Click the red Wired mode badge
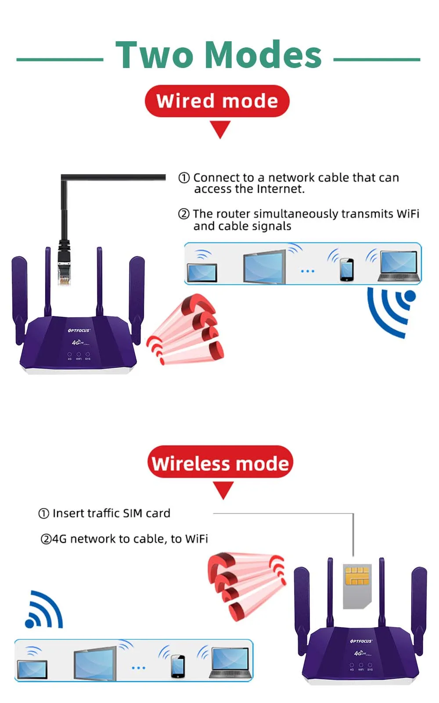tap(217, 101)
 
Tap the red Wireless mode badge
tap(220, 463)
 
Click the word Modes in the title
tap(263, 55)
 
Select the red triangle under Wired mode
tap(220, 129)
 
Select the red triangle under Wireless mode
tap(223, 489)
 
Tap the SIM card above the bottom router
tap(357, 586)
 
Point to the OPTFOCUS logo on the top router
tap(79, 330)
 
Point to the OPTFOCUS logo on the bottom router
tap(361, 641)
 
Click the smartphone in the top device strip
tap(346, 269)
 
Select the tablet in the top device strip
tap(202, 272)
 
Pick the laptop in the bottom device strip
tap(231, 663)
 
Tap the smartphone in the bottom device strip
tap(178, 666)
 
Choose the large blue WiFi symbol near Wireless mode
tap(44, 611)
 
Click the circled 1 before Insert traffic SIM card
tap(44, 513)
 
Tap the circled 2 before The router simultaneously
tap(184, 214)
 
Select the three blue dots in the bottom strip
tap(138, 668)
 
